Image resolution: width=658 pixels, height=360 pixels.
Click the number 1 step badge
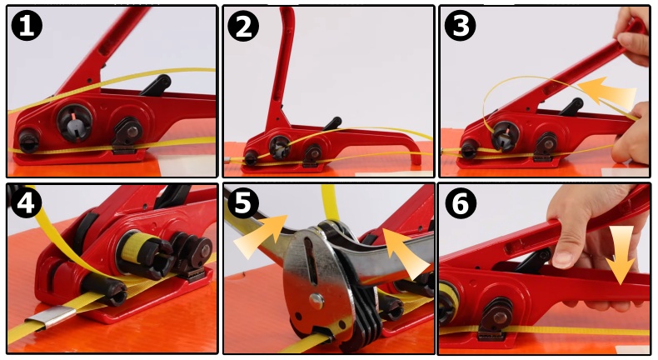click(27, 26)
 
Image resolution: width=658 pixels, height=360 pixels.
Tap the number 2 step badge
click(243, 26)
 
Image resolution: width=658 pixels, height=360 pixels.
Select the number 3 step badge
click(461, 26)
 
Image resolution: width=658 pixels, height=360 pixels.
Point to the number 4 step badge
click(26, 202)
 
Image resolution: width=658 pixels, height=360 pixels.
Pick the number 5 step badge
click(243, 203)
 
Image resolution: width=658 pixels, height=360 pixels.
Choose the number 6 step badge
click(461, 204)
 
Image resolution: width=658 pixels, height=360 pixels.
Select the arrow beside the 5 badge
click(260, 236)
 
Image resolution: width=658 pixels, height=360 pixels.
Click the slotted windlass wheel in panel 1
click(74, 122)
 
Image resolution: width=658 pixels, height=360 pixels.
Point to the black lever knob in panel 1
click(156, 85)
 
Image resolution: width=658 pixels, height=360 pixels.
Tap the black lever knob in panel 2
click(332, 124)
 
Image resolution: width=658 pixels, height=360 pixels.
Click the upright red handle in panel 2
click(282, 63)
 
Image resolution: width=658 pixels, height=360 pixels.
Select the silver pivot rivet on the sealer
click(316, 301)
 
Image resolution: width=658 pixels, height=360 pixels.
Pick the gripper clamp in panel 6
click(496, 318)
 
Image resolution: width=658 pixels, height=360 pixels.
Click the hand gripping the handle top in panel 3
click(635, 32)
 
